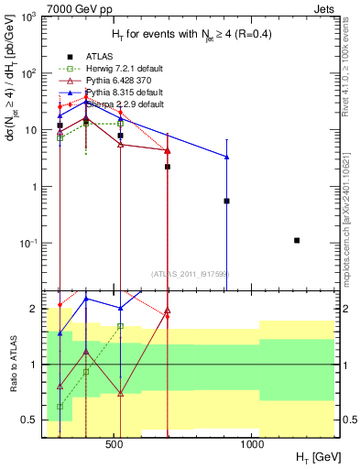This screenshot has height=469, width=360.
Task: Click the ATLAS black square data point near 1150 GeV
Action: click(297, 240)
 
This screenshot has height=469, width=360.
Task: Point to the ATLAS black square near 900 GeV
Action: click(226, 201)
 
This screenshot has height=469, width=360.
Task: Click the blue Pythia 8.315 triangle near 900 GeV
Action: click(226, 157)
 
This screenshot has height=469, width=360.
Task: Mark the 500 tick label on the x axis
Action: click(115, 443)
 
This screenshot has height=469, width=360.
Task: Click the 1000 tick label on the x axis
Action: click(253, 443)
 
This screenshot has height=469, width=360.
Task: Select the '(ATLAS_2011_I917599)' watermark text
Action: click(189, 274)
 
